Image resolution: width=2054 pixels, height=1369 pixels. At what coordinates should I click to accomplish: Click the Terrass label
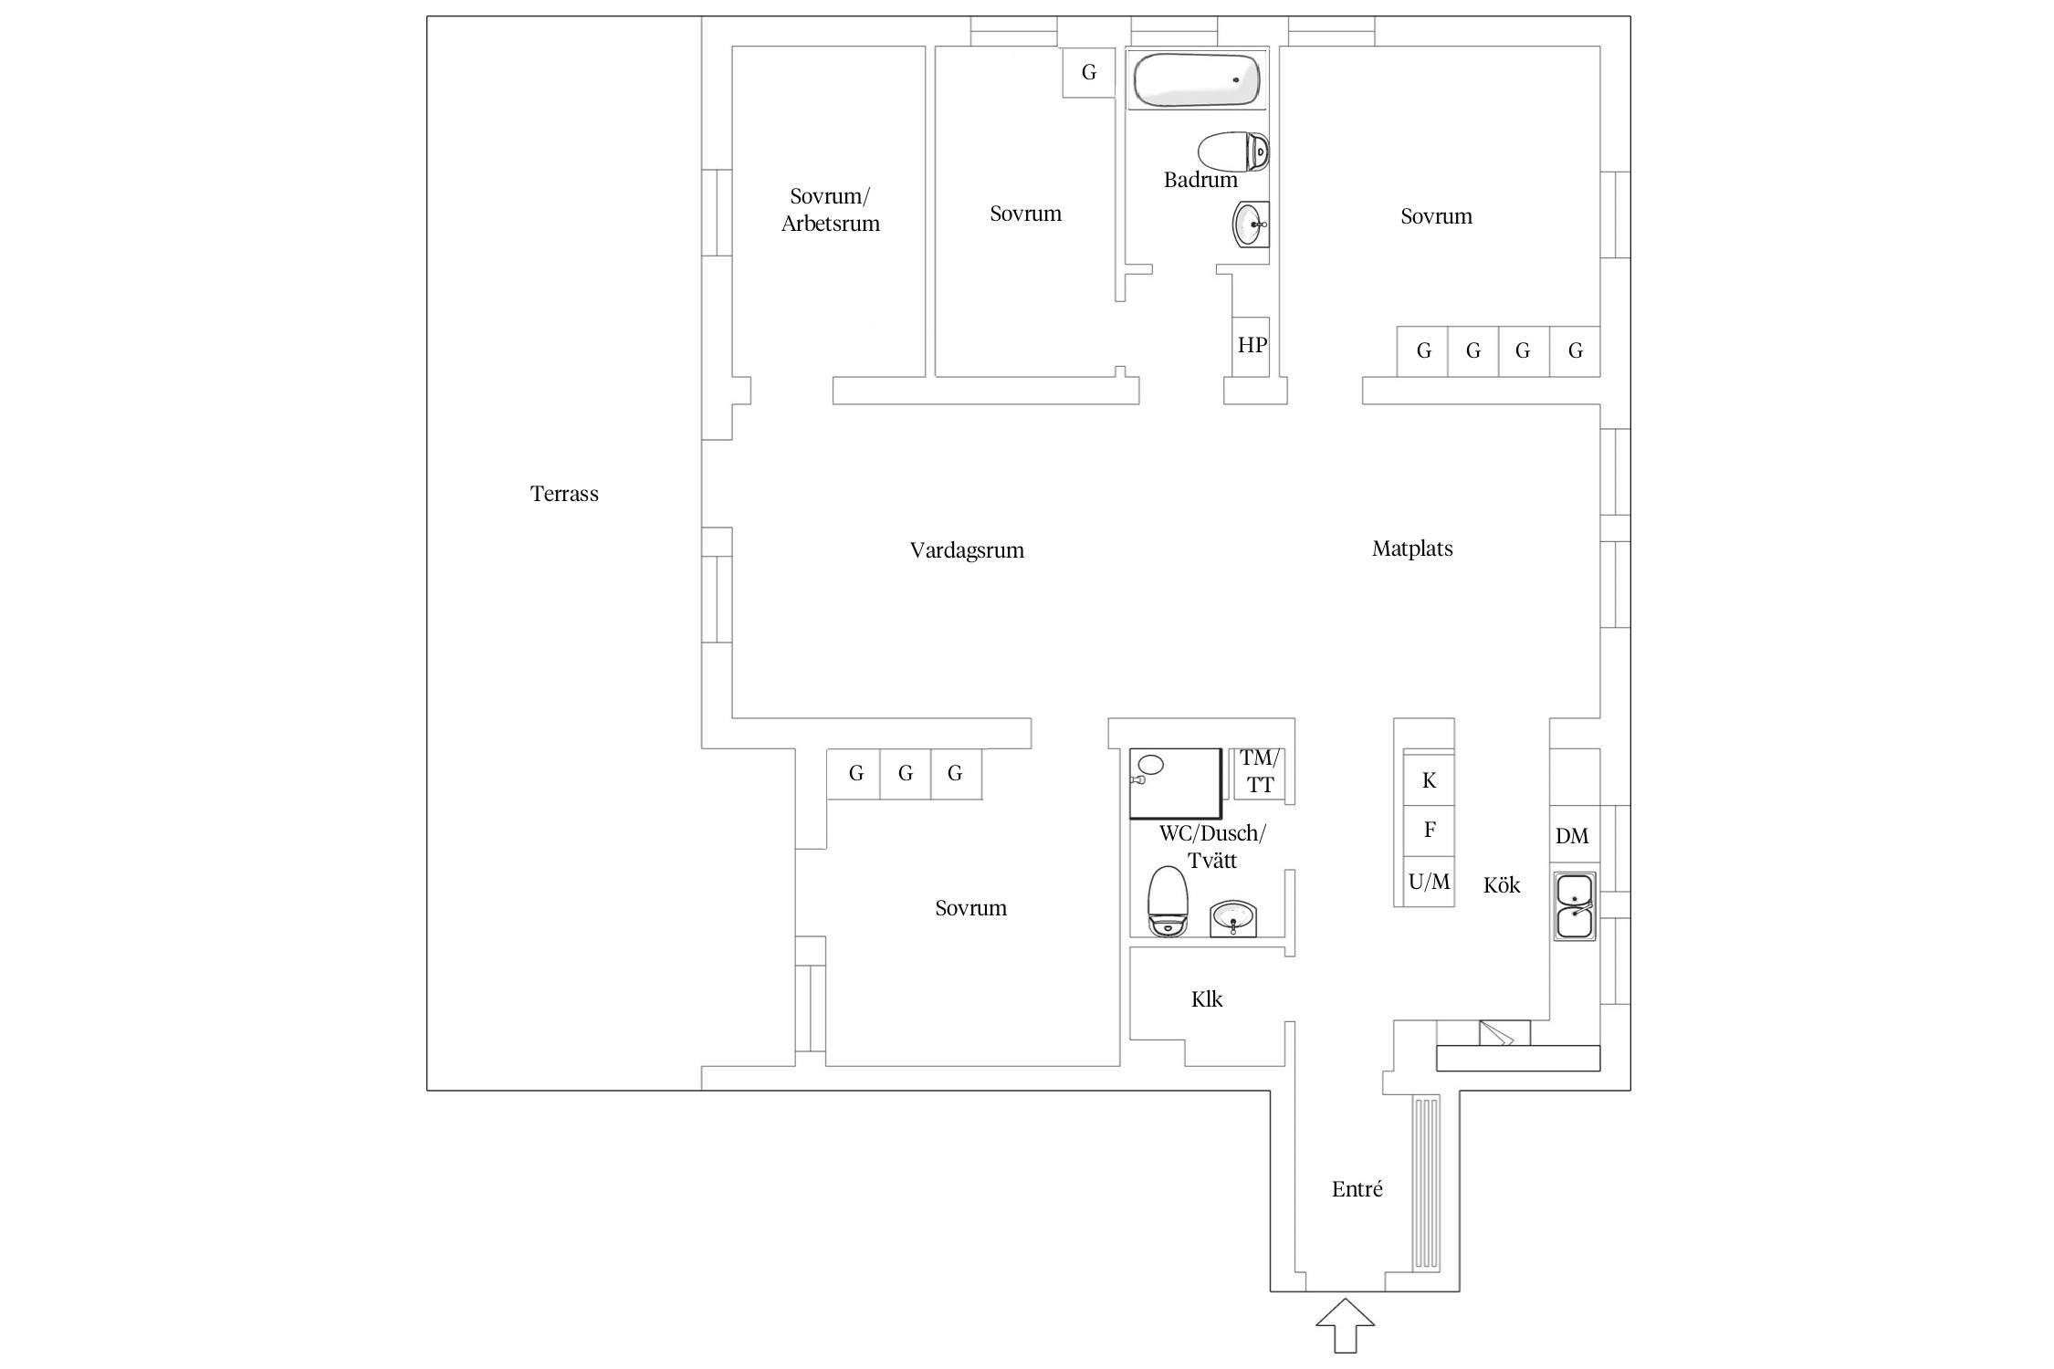coord(564,494)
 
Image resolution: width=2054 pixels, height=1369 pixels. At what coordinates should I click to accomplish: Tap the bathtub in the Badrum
coord(1198,80)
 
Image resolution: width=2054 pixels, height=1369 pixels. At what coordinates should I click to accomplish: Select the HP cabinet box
coord(1252,346)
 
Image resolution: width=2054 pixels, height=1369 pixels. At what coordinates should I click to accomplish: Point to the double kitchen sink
coord(1575,906)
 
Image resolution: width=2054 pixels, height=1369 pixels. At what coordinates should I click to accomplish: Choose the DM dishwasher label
coord(1572,835)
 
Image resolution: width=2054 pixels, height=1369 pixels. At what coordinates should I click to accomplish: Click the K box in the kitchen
coord(1429,780)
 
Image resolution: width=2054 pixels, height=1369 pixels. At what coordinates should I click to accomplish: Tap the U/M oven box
coord(1429,882)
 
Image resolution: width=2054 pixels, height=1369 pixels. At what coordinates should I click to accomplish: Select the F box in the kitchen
coord(1429,831)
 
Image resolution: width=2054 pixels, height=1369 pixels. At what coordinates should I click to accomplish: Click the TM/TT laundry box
coord(1260,772)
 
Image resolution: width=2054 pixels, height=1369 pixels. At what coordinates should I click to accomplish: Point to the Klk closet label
coord(1207,999)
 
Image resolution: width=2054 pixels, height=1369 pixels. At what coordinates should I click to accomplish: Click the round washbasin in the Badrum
coord(1251,225)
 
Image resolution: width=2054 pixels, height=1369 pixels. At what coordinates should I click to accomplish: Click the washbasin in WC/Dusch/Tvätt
coord(1233,918)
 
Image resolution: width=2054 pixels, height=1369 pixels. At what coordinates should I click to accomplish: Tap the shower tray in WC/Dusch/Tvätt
coord(1176,783)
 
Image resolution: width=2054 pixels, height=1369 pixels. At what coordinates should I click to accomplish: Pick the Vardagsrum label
coord(967,550)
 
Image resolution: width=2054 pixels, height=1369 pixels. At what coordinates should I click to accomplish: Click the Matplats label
coord(1412,549)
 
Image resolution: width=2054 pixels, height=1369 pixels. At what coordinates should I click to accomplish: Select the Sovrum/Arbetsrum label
coord(831,210)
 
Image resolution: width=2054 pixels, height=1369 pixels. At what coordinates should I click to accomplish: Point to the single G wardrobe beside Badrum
coord(1089,72)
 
